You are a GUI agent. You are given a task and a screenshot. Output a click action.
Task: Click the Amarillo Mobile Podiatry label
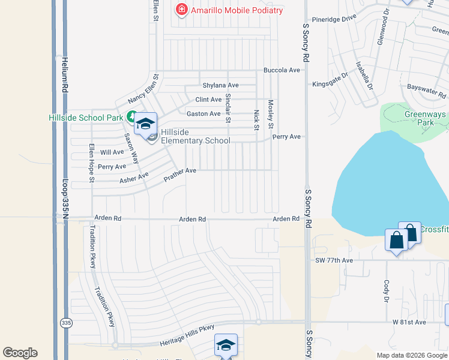click(237, 10)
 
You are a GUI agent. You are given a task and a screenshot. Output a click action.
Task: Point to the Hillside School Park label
click(86, 118)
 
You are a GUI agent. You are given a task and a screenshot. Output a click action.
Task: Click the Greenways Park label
click(424, 118)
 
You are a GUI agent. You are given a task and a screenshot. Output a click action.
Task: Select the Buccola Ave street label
click(282, 70)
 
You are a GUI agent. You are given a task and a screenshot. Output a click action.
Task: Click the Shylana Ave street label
click(220, 86)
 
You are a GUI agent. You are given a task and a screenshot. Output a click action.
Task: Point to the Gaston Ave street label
click(203, 114)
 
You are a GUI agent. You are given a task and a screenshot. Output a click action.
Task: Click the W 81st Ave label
click(409, 322)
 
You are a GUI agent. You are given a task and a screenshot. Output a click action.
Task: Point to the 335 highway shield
click(65, 323)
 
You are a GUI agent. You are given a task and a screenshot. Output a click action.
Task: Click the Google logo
click(20, 353)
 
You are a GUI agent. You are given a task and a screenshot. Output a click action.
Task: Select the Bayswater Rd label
click(426, 91)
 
